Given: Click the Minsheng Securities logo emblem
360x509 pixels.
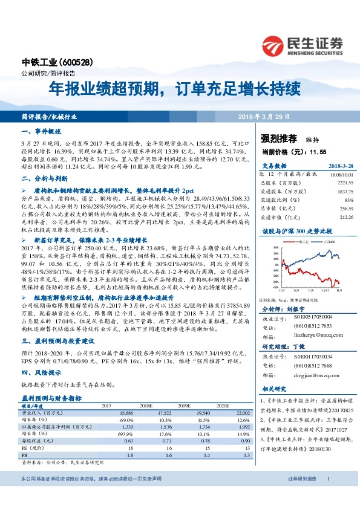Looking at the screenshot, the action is coord(273,45).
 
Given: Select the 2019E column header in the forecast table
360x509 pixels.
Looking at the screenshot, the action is coord(200,406).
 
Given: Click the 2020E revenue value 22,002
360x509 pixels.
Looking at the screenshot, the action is coord(241,412).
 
